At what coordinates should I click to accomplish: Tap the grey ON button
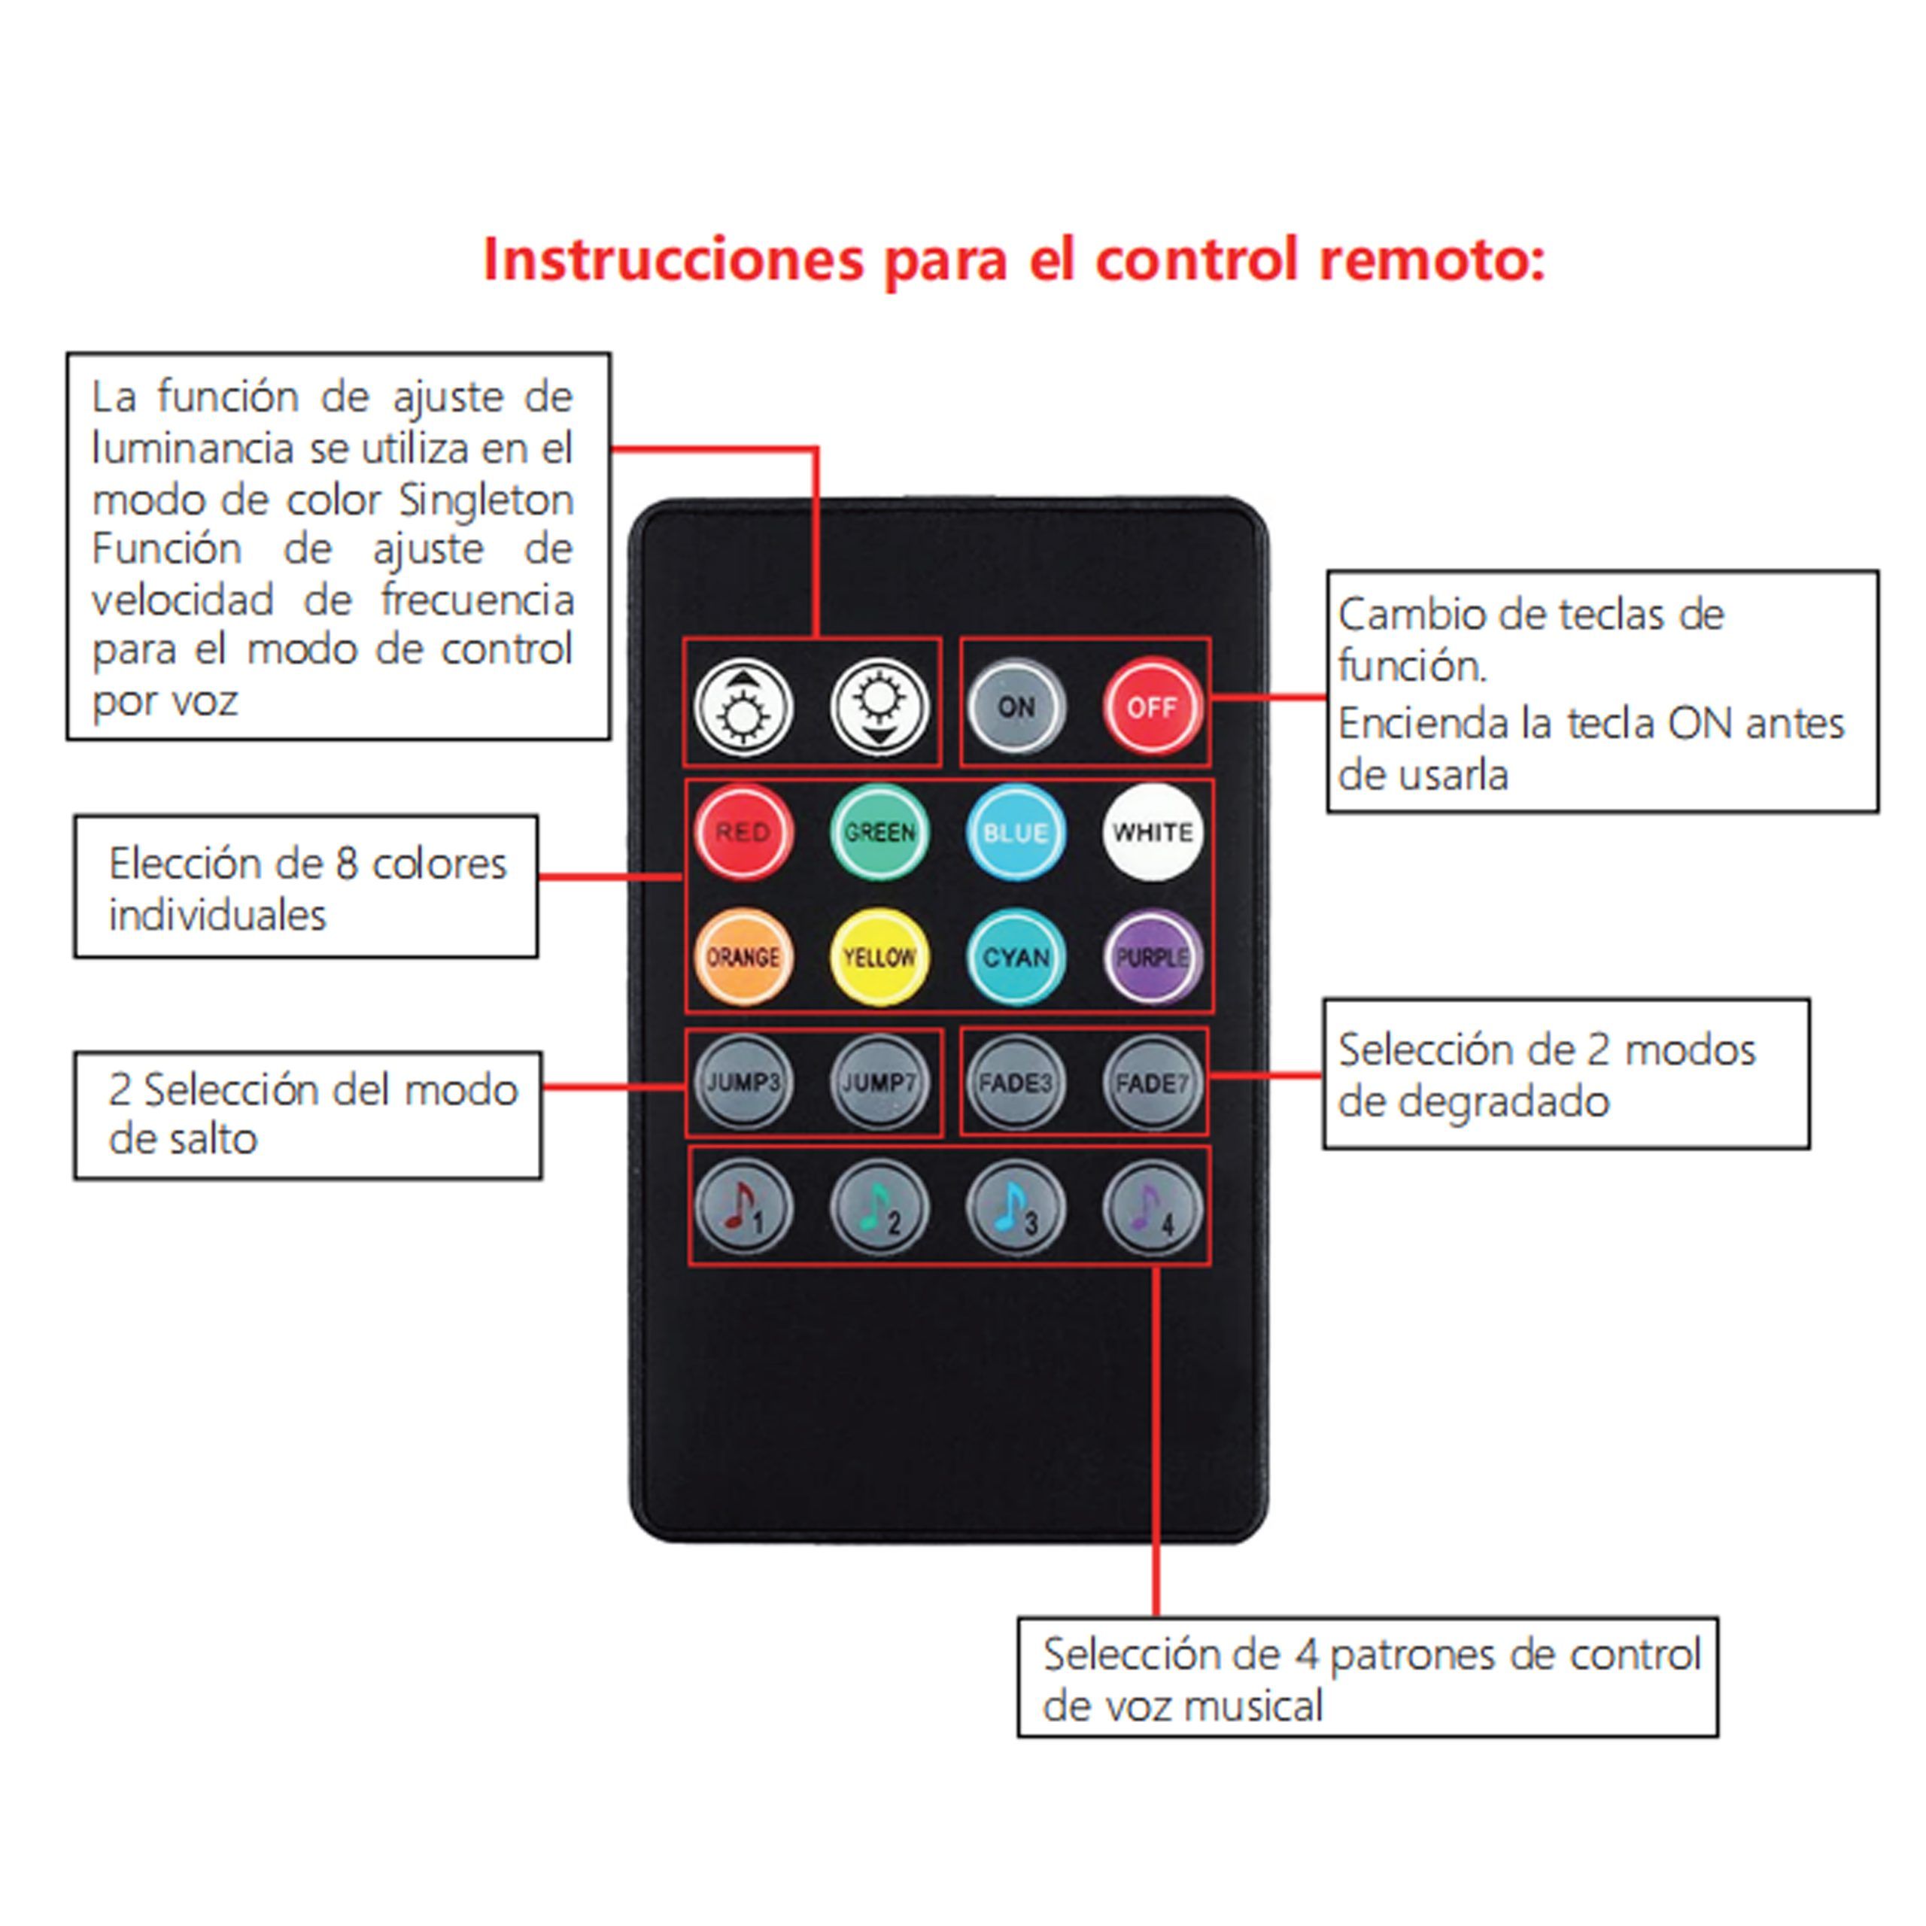point(1016,706)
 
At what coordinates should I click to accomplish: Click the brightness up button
point(743,706)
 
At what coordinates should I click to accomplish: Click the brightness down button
point(879,706)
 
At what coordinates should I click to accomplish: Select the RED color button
point(743,832)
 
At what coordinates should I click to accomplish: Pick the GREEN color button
point(879,832)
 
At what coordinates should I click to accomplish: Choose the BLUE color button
point(1016,832)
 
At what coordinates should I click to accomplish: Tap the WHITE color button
point(1153,832)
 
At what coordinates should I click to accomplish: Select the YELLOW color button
point(879,957)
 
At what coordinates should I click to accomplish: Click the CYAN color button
point(1016,957)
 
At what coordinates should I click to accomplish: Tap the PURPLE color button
point(1153,957)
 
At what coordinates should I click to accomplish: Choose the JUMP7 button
point(879,1083)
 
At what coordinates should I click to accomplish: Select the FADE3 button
point(1016,1083)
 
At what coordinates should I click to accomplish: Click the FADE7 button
point(1153,1083)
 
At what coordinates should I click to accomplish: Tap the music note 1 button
point(743,1208)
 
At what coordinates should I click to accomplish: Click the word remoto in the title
point(1432,260)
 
